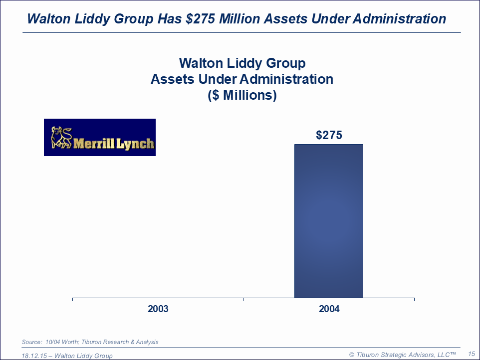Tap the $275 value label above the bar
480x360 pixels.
tap(329, 135)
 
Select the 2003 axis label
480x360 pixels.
tap(158, 309)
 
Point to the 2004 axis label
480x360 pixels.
tap(329, 309)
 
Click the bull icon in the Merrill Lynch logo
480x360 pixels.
tap(61, 138)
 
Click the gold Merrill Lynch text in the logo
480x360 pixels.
tap(114, 144)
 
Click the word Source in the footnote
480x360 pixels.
tap(31, 342)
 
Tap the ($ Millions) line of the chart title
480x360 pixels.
tap(242, 95)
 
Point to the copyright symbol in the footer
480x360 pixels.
tap(352, 354)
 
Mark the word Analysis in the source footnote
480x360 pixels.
tap(146, 342)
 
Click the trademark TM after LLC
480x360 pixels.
tap(453, 353)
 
